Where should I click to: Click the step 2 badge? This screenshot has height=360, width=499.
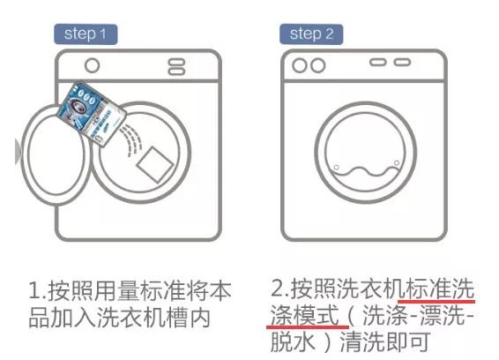point(311,34)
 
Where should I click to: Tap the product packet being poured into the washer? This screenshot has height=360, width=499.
point(97,114)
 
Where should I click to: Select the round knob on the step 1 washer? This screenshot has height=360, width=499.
point(91,65)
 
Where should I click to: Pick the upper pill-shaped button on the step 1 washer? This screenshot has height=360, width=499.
point(176,61)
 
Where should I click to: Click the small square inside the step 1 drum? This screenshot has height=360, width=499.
point(155,164)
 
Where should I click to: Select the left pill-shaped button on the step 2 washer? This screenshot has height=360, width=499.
point(379,63)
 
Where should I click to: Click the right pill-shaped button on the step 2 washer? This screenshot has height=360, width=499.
point(402,63)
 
